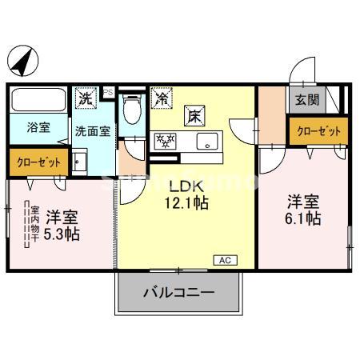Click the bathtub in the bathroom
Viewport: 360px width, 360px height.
point(40,102)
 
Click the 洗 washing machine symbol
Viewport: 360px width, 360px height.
point(86,98)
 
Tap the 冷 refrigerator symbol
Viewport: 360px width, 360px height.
point(162,98)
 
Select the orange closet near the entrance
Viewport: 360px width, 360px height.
point(318,130)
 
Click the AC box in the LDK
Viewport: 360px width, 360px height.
point(225,259)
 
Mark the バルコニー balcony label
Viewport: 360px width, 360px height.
point(178,293)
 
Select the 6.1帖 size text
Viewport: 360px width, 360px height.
point(304,218)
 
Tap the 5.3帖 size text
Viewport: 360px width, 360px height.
point(61,234)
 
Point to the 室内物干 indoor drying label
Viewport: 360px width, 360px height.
point(34,224)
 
